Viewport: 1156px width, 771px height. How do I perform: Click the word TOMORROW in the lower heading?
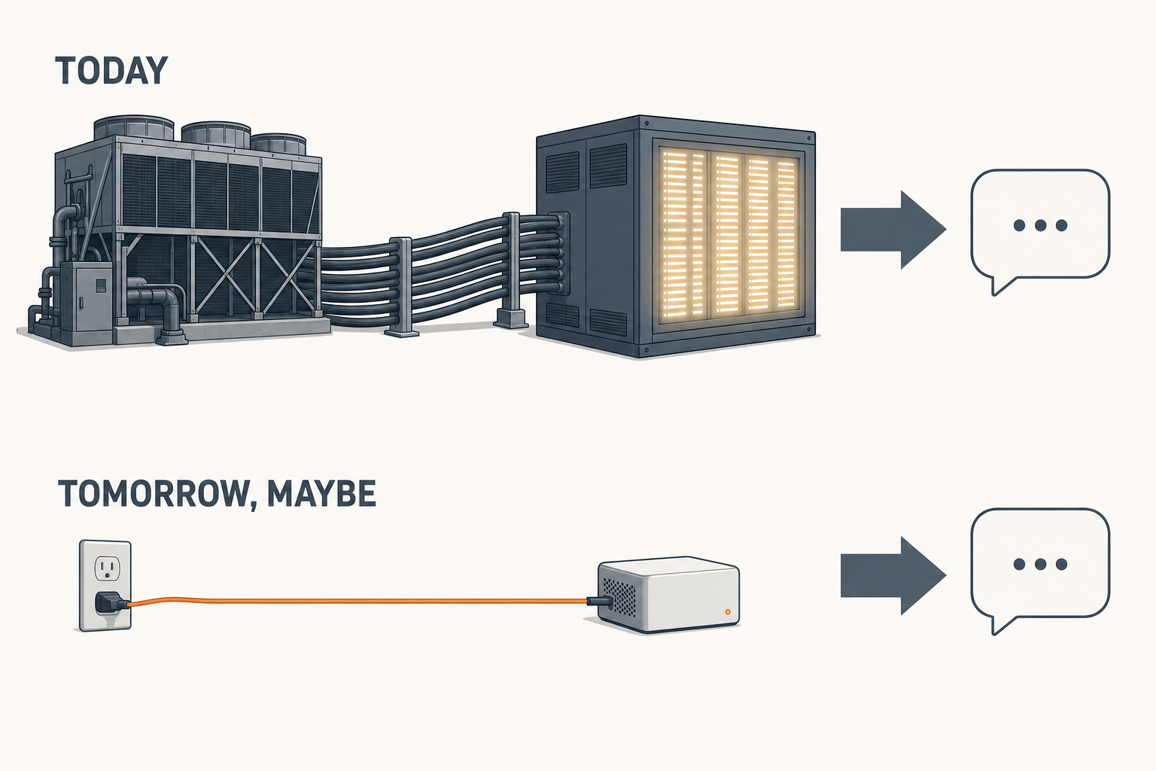coord(154,494)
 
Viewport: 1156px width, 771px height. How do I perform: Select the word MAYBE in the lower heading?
coord(321,493)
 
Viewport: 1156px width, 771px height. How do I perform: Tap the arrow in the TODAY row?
coord(893,230)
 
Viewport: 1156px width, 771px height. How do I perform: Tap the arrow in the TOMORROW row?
coord(893,576)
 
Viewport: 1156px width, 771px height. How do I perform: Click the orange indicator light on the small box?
coord(728,611)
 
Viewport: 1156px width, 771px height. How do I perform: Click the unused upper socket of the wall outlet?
coord(108,568)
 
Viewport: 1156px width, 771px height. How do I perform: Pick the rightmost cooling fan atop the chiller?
coord(278,144)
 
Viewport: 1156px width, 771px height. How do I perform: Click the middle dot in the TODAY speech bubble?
coord(1040,225)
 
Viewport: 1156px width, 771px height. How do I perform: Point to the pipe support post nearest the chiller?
coord(401,287)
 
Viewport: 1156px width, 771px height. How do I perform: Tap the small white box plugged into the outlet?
coord(668,594)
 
